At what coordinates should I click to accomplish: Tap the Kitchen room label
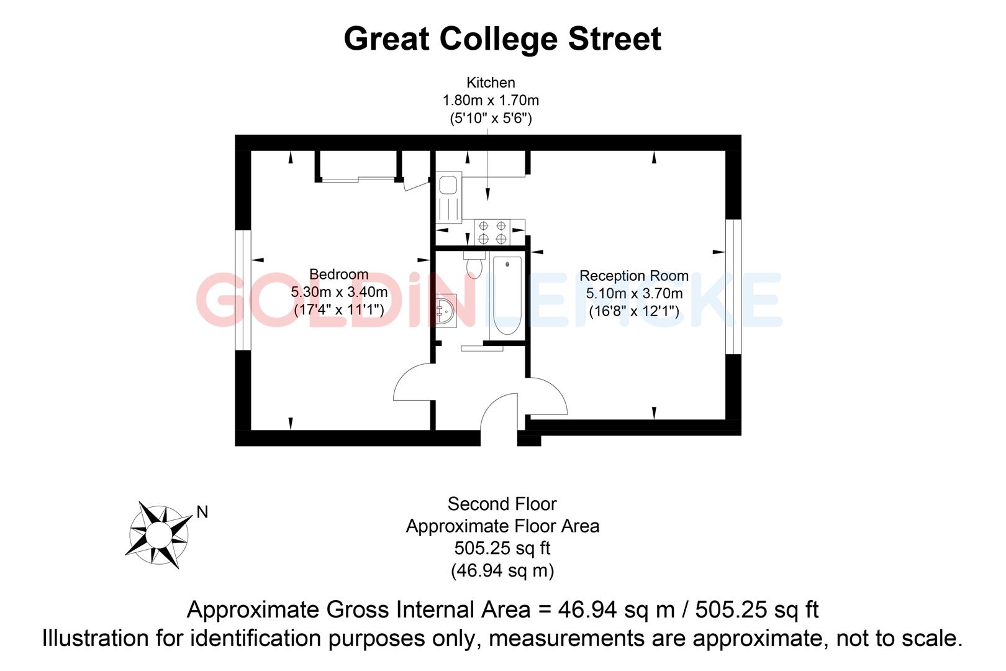(491, 83)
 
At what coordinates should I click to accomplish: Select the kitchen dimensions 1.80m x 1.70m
(491, 100)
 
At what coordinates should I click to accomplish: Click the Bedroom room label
(338, 274)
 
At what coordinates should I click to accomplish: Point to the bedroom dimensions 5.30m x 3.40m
(339, 291)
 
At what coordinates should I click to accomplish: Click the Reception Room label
(633, 276)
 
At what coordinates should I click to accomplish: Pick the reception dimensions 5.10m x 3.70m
(634, 293)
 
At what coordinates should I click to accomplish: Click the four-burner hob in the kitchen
(492, 232)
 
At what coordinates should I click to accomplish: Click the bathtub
(507, 296)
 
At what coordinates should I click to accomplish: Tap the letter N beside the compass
(202, 513)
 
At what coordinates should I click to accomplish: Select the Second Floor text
(502, 504)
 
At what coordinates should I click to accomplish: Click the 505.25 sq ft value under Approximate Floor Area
(502, 548)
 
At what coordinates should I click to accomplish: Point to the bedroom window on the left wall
(243, 290)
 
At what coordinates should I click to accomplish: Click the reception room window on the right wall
(733, 286)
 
